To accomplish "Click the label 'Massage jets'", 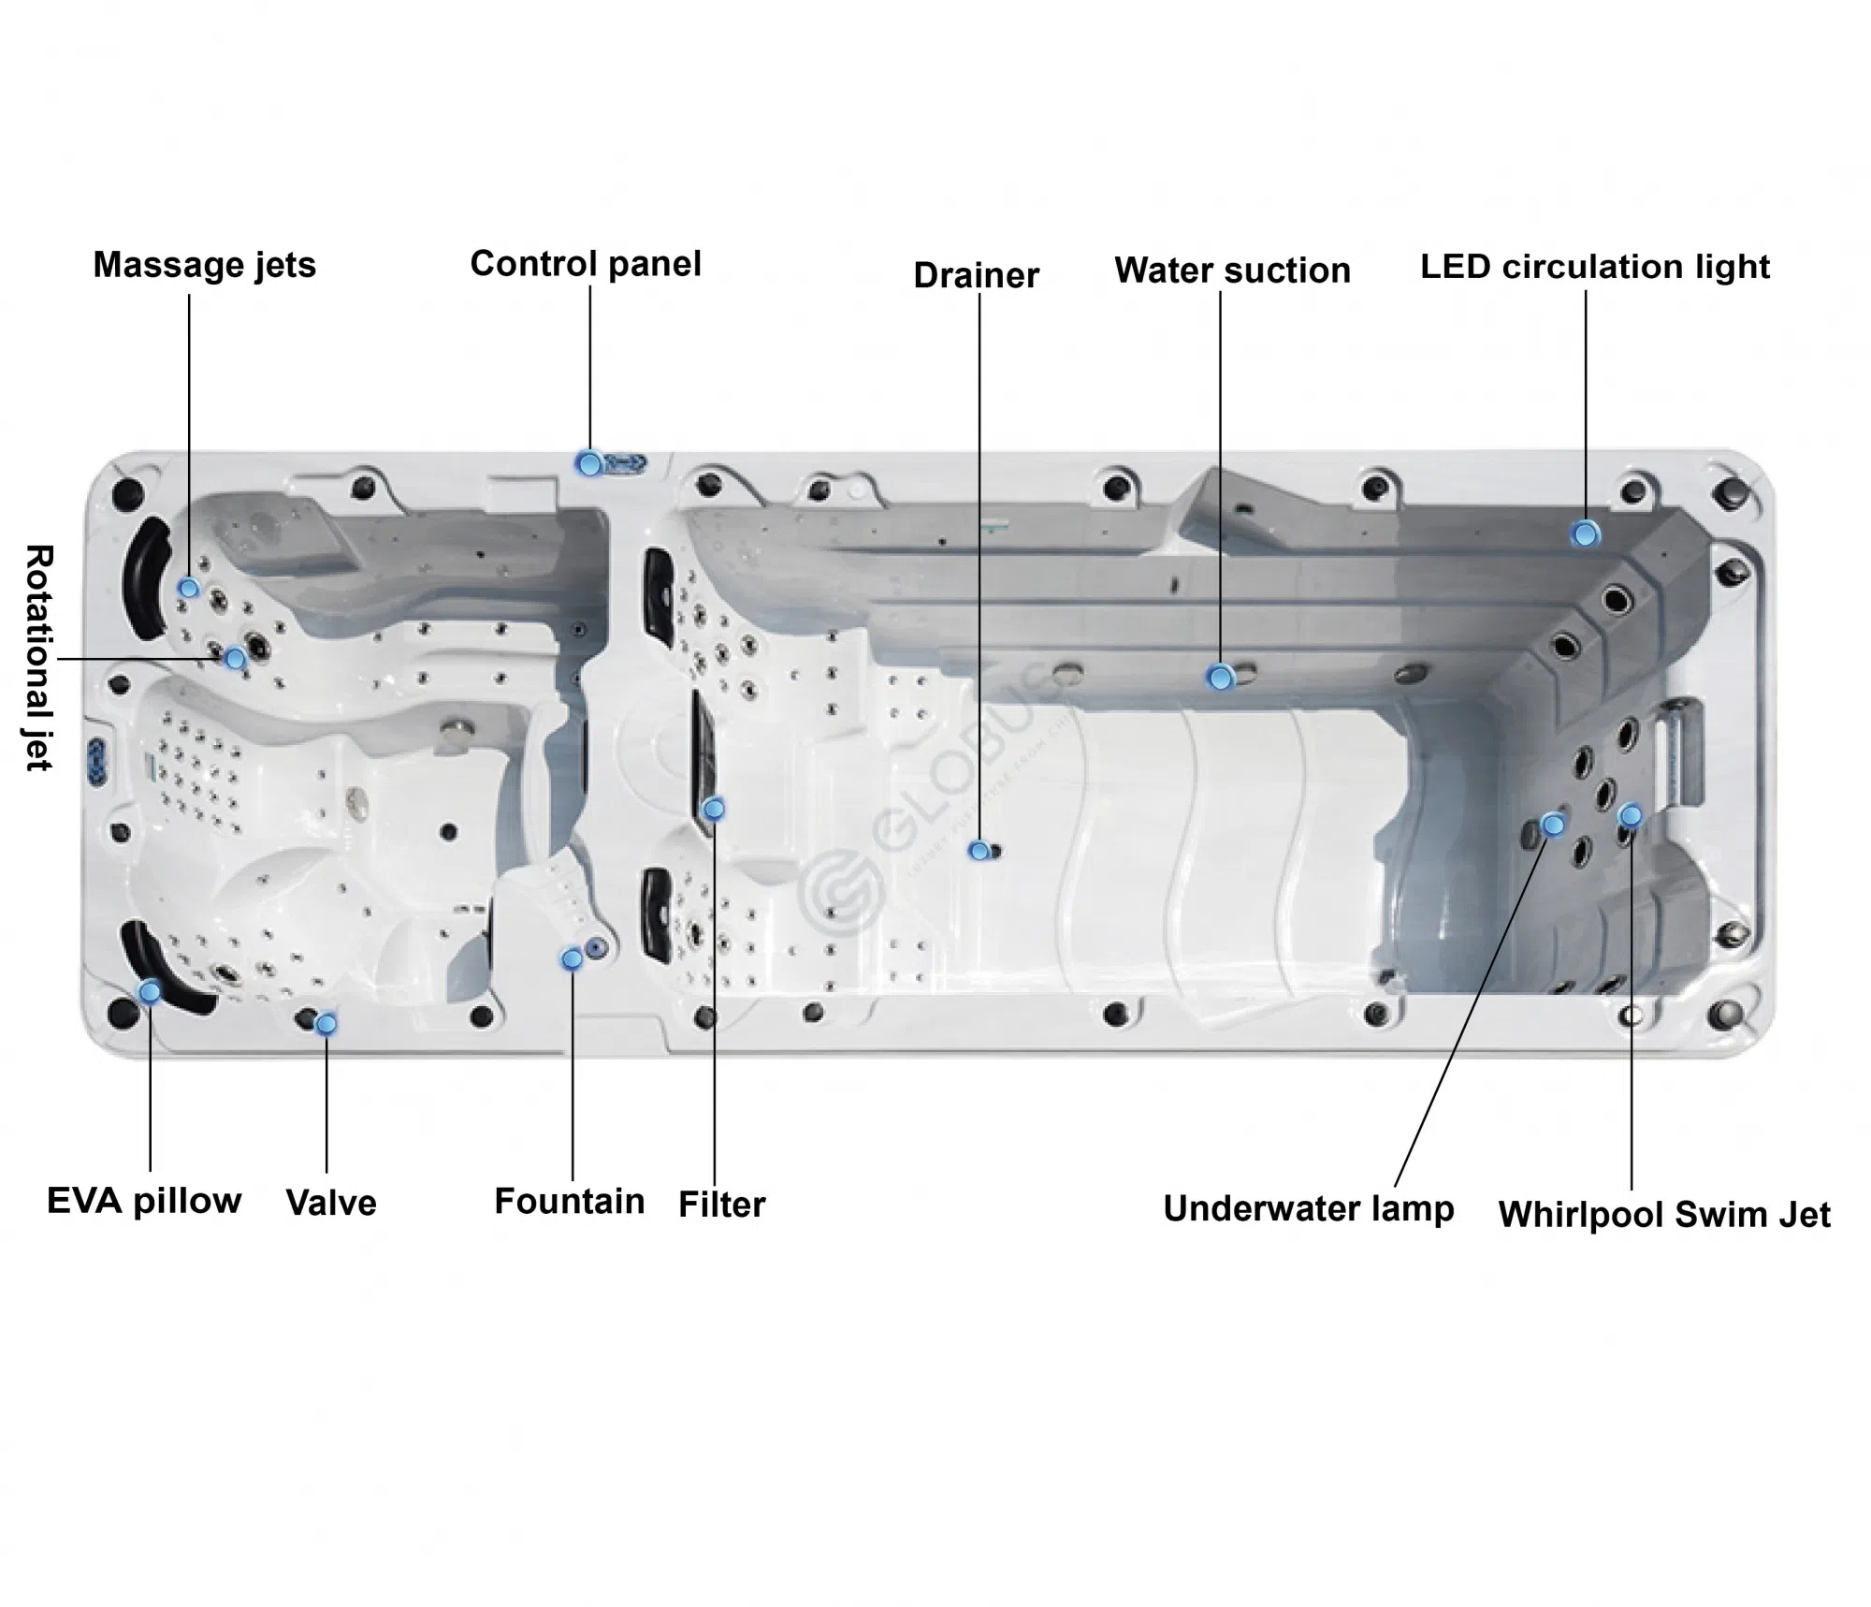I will tap(204, 265).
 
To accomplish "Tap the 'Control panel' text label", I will tap(586, 264).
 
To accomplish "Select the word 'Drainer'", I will tap(976, 275).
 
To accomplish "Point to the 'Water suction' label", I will tap(1232, 270).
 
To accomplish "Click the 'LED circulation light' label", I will tap(1594, 267).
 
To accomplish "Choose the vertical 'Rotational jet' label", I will tap(38, 657).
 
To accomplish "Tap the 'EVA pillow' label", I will tap(144, 1201).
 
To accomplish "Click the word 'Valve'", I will tap(331, 1203).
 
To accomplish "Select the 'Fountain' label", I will tap(569, 1201).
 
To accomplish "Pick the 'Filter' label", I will tap(721, 1205).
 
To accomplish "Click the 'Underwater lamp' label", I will tap(1308, 1208).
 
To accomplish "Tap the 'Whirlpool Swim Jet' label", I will tap(1664, 1215).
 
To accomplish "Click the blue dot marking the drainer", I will tap(979, 851).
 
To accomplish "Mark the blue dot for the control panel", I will tap(589, 462).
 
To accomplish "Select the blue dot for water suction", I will tap(1220, 677).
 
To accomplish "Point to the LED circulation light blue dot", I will tap(1585, 534).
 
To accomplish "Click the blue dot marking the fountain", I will tap(572, 958).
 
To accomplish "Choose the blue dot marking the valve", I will tap(326, 1024).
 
